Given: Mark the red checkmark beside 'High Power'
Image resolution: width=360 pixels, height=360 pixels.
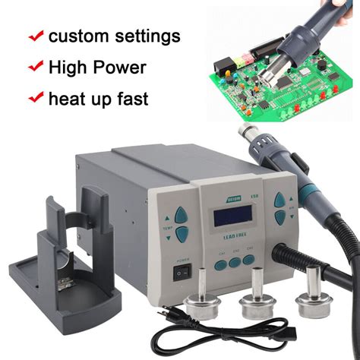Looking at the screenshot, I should [x=35, y=66].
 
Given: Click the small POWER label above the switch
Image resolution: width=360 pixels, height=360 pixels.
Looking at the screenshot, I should [x=182, y=258].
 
